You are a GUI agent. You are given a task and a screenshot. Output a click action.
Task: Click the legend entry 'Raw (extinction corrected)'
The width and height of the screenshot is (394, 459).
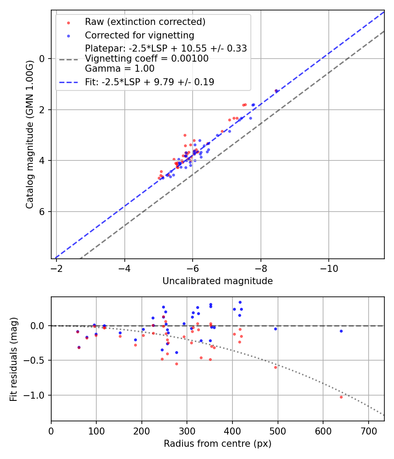coord(145,22)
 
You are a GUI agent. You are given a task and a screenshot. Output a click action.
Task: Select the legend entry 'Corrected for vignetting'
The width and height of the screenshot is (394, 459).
coord(139,35)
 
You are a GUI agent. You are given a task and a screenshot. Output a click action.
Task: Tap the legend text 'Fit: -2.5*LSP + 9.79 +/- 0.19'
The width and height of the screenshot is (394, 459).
coord(149,82)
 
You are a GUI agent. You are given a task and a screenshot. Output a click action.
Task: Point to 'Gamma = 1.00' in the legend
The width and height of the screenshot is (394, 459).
coord(120,68)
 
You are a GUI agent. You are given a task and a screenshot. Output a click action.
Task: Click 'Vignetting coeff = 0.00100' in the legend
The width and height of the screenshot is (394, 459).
coord(147,58)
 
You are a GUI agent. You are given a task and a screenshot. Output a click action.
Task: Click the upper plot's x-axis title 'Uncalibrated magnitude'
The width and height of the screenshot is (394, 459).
coord(218,281)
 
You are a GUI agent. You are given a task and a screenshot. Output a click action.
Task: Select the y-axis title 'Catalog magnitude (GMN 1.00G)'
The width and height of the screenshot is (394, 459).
coord(29,134)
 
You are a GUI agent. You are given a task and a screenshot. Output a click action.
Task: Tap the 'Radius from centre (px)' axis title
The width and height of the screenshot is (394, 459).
coord(218,444)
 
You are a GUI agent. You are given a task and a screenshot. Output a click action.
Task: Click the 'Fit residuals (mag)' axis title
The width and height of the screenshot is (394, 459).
coord(14,359)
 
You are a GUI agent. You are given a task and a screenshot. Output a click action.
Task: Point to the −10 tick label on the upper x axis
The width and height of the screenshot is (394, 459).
coord(329,268)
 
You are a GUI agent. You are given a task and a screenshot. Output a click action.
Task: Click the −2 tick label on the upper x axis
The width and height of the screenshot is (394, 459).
coord(56,268)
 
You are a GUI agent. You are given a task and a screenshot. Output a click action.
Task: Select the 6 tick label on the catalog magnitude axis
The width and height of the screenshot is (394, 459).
coord(42,212)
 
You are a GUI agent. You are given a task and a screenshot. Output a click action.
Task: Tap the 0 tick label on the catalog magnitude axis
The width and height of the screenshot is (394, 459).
coord(42,59)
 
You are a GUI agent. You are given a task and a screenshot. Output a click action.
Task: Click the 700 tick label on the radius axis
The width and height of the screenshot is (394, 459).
coord(368,431)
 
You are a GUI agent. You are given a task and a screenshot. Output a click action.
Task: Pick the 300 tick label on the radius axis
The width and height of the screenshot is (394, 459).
coord(187,431)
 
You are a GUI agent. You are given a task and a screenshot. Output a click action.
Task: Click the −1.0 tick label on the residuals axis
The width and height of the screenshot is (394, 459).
coord(37,395)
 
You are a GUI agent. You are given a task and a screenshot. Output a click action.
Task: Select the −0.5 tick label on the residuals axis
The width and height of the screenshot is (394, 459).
coord(37,361)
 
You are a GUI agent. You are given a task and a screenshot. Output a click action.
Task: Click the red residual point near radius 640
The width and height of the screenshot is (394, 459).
coord(341,397)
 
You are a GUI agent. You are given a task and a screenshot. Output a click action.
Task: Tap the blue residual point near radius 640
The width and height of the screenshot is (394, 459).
coord(341,331)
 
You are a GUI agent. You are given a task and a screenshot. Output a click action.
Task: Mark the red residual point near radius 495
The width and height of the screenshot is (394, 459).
coord(275,367)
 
